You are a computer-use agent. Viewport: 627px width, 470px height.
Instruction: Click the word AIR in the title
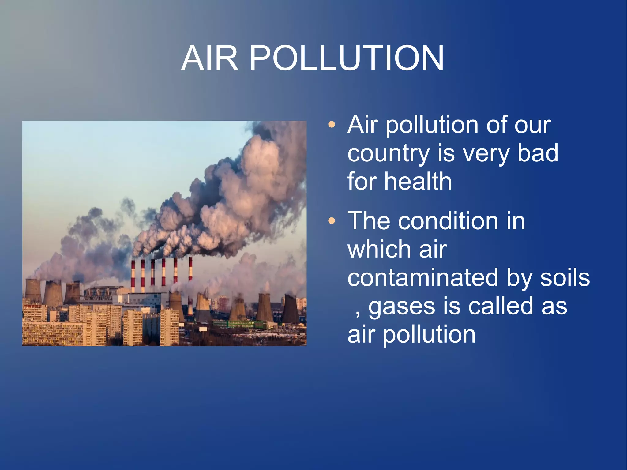click(x=210, y=58)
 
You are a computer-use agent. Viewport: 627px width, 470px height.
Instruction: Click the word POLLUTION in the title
click(x=347, y=58)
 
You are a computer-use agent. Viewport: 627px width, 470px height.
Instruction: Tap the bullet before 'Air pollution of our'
click(x=331, y=125)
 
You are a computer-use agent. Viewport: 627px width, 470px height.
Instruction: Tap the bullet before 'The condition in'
click(x=331, y=221)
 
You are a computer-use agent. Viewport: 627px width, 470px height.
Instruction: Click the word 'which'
click(x=379, y=249)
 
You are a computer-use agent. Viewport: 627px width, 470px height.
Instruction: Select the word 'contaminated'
click(x=423, y=277)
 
